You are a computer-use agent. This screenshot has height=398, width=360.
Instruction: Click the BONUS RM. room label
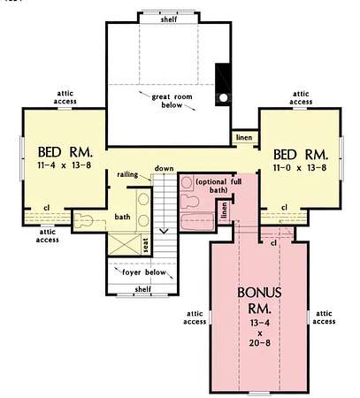(x=259, y=300)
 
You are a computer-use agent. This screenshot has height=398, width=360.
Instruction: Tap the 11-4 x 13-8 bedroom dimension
(x=65, y=165)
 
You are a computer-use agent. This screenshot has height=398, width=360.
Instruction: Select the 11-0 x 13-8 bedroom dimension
(x=300, y=168)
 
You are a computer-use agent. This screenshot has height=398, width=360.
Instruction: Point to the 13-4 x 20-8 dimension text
(x=260, y=333)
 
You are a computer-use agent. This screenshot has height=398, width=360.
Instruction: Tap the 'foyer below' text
(x=144, y=272)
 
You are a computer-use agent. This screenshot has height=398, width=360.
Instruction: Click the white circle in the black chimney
(x=224, y=97)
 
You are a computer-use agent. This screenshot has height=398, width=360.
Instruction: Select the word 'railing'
(x=127, y=174)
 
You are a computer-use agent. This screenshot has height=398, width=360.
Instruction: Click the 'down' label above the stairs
(x=165, y=168)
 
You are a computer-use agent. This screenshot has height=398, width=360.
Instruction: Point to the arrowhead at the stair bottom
(x=164, y=231)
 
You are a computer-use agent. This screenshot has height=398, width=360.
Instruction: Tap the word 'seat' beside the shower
(x=145, y=245)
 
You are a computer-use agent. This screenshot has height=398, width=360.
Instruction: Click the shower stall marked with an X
(x=125, y=244)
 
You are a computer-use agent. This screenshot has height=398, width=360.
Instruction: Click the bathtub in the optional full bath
(x=197, y=222)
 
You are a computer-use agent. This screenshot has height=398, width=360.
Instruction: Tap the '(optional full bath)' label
(x=218, y=186)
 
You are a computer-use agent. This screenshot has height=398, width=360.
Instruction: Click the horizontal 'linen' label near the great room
(x=244, y=137)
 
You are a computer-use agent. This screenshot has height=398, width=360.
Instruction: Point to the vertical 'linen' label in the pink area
(x=225, y=211)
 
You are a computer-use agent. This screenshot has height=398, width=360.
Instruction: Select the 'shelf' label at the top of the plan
(x=169, y=19)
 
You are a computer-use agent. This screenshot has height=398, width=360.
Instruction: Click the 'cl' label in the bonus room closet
(x=273, y=242)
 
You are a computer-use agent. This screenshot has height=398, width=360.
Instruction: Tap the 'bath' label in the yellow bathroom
(x=122, y=217)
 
